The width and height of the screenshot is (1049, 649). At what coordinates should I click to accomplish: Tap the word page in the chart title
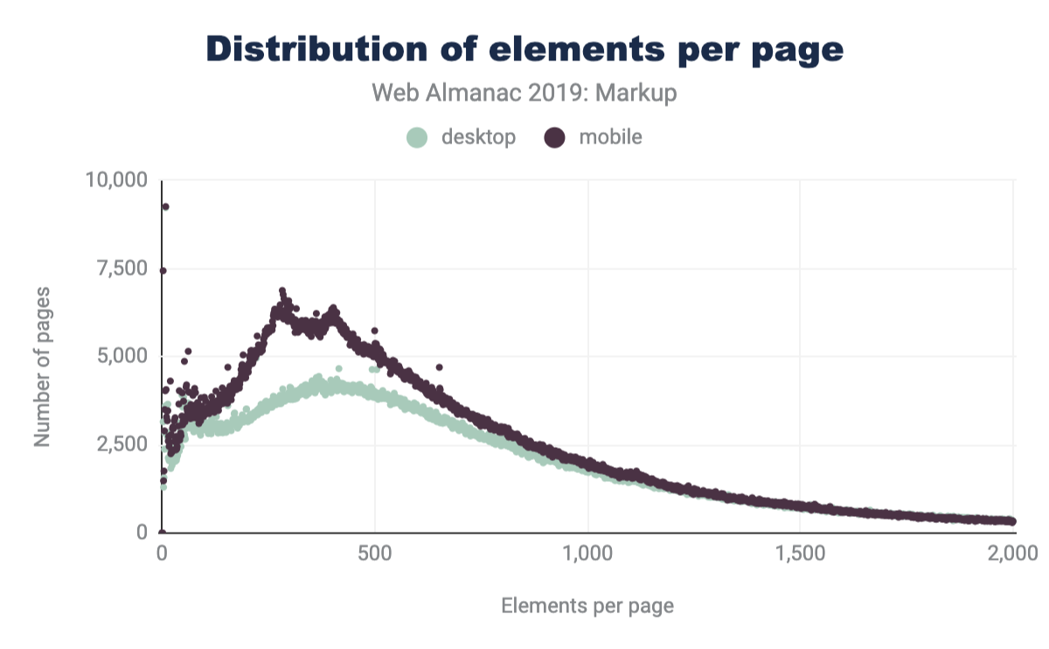click(796, 50)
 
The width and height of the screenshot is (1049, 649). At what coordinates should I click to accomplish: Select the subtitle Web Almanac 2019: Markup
click(524, 94)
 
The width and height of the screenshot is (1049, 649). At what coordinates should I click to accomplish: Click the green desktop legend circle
click(418, 137)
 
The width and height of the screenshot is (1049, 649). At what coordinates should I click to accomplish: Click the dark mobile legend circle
click(554, 137)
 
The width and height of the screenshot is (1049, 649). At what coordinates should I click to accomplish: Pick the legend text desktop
click(478, 137)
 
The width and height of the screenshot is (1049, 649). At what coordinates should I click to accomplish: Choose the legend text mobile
click(610, 137)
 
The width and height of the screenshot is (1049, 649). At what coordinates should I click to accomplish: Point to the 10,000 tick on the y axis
click(117, 180)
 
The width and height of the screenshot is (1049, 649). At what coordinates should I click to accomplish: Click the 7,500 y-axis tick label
click(122, 268)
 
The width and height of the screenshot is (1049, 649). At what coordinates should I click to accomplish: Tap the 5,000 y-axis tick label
click(122, 356)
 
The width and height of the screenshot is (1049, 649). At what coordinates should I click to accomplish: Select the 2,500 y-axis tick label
click(122, 444)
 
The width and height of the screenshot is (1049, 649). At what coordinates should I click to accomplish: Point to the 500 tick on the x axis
click(375, 553)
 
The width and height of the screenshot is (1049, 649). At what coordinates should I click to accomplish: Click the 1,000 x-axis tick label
click(588, 553)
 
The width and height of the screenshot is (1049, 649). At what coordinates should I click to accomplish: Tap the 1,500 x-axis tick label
click(801, 553)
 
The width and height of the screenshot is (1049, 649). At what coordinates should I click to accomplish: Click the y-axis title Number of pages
click(42, 366)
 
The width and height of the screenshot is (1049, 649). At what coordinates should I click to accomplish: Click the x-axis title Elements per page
click(587, 605)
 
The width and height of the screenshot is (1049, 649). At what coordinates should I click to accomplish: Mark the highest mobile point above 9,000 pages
click(165, 206)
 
